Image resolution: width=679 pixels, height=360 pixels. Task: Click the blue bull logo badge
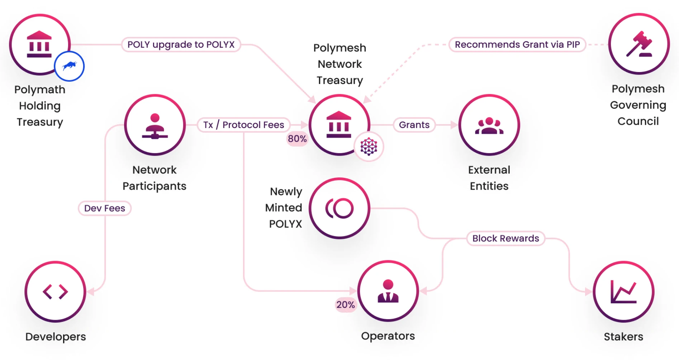click(x=69, y=66)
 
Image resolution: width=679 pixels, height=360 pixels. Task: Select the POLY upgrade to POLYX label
click(x=181, y=44)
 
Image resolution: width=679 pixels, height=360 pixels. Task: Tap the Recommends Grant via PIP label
click(x=517, y=44)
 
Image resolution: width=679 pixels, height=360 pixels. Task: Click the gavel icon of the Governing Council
click(x=639, y=44)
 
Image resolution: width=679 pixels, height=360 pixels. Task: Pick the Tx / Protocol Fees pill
click(x=243, y=125)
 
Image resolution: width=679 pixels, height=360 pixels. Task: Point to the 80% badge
click(x=297, y=139)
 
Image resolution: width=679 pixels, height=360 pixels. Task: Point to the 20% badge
click(x=346, y=305)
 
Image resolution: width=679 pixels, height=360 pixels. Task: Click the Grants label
click(x=414, y=125)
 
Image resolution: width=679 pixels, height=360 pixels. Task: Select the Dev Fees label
click(x=105, y=208)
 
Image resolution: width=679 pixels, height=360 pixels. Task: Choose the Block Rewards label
click(x=505, y=238)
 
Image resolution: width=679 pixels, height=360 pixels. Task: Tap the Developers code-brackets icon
click(x=55, y=292)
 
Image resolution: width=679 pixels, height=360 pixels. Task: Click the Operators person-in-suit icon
click(x=388, y=291)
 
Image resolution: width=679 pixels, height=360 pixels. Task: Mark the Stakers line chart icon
click(x=623, y=292)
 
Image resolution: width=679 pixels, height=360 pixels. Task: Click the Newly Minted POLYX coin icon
click(x=339, y=208)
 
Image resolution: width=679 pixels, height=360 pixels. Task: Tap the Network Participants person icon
click(x=155, y=125)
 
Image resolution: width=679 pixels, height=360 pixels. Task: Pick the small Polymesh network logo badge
click(x=369, y=147)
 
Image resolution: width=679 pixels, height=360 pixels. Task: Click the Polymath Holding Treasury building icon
click(x=39, y=44)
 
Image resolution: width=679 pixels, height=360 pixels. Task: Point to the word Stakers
click(x=623, y=337)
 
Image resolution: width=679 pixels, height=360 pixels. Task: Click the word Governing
click(x=638, y=105)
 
